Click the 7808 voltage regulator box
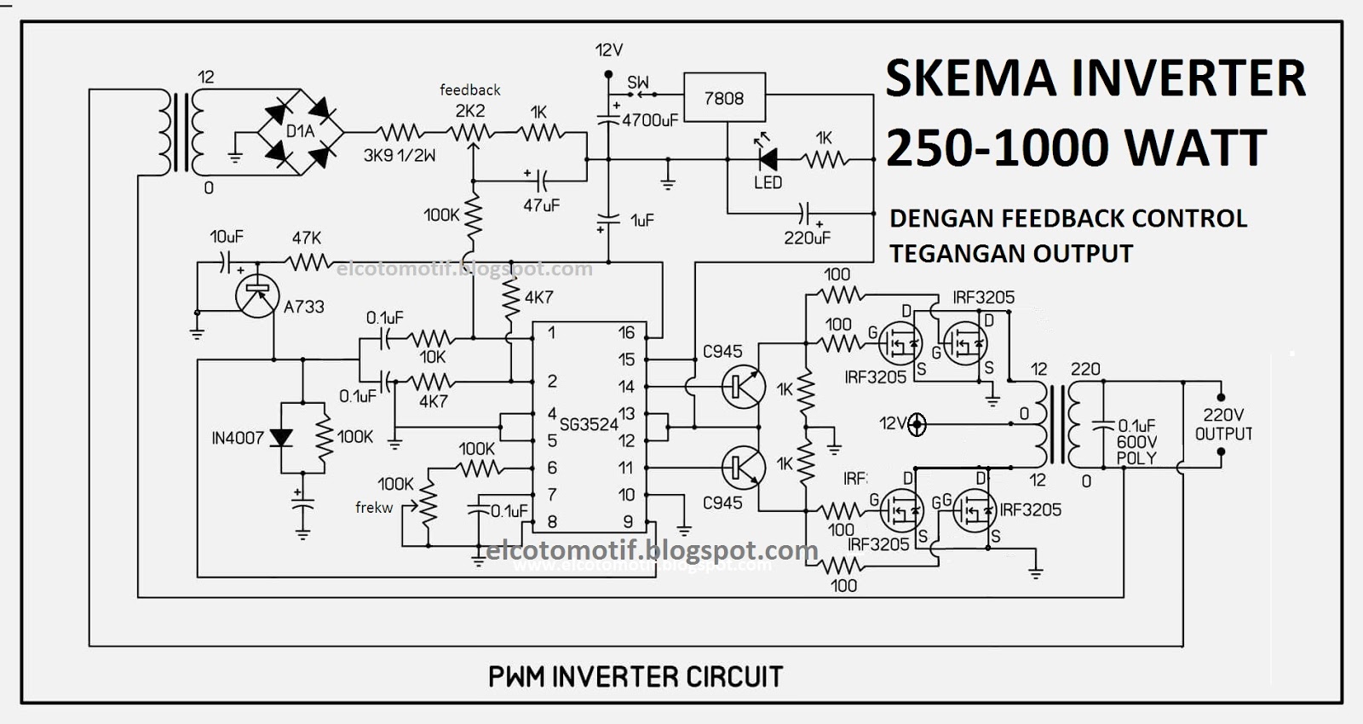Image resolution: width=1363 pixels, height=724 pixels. [x=724, y=99]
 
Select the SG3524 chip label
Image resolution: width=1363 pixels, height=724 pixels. [x=589, y=424]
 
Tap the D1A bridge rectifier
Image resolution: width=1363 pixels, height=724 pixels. [x=300, y=131]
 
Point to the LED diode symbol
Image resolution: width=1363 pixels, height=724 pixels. [x=768, y=158]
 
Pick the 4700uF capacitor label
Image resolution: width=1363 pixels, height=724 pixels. [x=650, y=121]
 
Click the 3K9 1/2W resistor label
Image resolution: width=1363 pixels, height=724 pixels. [x=400, y=155]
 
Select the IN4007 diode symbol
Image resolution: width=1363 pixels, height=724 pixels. [x=281, y=438]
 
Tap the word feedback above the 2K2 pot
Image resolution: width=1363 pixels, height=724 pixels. [x=469, y=89]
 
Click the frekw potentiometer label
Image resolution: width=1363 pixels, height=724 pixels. [x=374, y=508]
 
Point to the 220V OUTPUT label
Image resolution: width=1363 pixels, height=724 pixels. [x=1223, y=424]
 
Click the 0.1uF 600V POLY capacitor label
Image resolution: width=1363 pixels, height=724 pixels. [x=1136, y=441]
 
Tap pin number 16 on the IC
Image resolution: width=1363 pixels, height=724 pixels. [x=626, y=333]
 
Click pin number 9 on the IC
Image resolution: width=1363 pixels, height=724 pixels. [x=628, y=521]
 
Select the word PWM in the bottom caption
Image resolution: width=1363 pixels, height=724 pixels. [x=516, y=677]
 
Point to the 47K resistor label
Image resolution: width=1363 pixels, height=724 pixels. [x=307, y=238]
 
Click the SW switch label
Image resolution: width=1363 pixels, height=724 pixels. [x=638, y=83]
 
